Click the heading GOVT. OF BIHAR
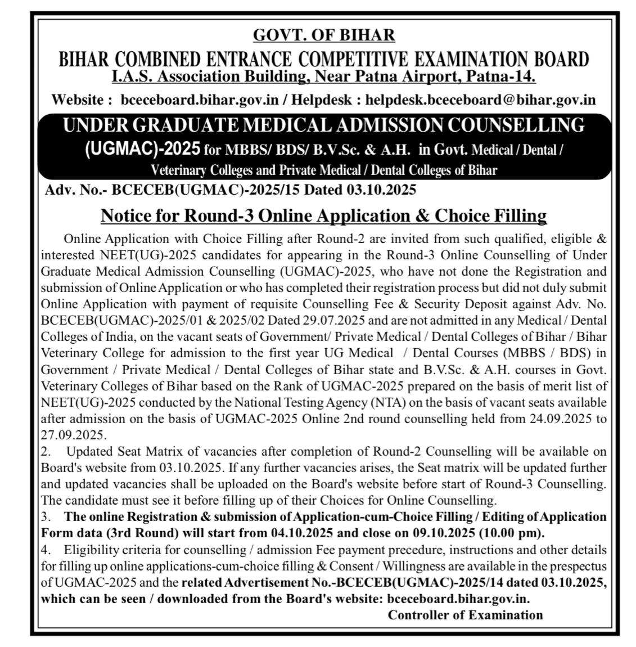[x=324, y=35]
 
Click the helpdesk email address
[x=480, y=100]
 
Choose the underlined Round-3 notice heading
[x=323, y=215]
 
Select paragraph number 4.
[x=45, y=549]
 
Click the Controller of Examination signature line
[x=465, y=614]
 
